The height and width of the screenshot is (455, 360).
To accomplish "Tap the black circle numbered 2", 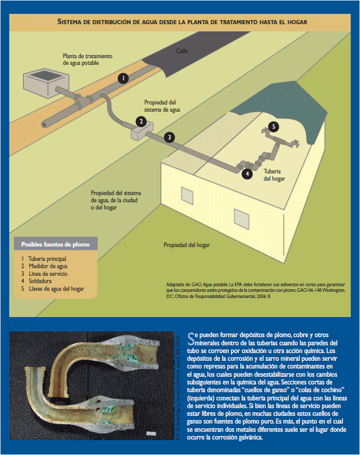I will tap(140, 121).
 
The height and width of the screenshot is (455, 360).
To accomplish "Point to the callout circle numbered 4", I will tap(248, 174).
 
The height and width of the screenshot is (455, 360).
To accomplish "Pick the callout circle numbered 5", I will tap(274, 127).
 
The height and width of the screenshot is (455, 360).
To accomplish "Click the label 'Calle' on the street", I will tap(183, 51).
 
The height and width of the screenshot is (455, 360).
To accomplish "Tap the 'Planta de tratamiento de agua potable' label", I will tap(87, 59).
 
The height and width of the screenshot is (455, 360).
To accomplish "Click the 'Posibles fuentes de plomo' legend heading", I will tap(55, 243).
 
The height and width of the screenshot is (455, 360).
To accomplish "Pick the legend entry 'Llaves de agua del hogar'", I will tap(56, 289).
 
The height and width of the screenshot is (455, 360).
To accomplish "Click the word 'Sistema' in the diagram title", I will tap(74, 23).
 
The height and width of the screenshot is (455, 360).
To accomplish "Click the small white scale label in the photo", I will tap(152, 434).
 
